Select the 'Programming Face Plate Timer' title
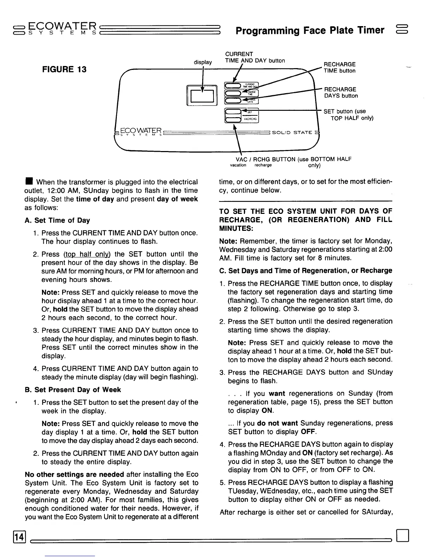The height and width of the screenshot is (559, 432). (310, 30)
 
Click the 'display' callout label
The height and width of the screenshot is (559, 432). (203, 62)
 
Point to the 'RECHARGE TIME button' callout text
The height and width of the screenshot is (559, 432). (340, 67)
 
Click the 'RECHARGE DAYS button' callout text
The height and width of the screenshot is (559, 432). (341, 92)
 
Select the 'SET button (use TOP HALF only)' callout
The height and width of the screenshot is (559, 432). (348, 115)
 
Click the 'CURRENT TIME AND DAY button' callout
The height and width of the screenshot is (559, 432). (255, 57)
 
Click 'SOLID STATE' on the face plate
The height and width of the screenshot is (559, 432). (293, 132)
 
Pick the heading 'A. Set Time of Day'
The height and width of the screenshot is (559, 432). (58, 221)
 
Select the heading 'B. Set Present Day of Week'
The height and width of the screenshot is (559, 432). (73, 390)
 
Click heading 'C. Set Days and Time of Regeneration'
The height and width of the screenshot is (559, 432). (306, 271)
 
